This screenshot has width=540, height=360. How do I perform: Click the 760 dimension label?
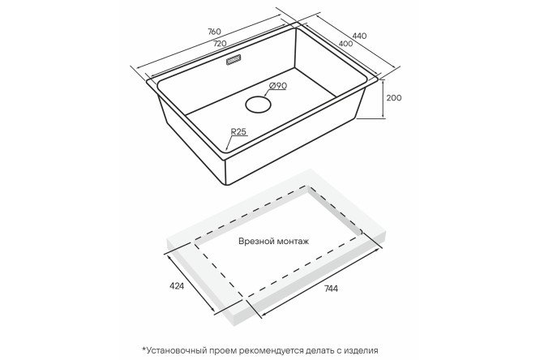tap(214, 32)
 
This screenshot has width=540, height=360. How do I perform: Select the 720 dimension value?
tap(220, 44)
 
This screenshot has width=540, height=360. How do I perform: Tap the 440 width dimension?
tap(359, 36)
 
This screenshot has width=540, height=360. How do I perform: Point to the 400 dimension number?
tap(345, 44)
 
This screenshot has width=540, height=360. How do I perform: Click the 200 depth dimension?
tap(393, 98)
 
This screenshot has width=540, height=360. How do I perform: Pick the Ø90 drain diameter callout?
tap(277, 86)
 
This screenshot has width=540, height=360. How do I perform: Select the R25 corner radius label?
tap(239, 131)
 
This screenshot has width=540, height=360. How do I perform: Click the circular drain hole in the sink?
tap(258, 104)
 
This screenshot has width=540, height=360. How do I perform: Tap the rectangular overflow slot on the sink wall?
tap(234, 60)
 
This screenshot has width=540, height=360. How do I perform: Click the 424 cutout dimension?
tap(177, 285)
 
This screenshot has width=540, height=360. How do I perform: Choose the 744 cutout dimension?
tap(331, 289)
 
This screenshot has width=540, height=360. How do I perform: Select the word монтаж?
tap(292, 241)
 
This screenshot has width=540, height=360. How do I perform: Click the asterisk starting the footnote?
tap(144, 349)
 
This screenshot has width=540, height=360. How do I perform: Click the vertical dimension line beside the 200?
tap(384, 100)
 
